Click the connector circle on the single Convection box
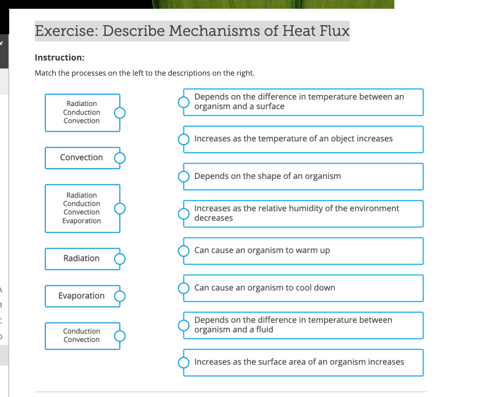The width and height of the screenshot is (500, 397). pos(120,158)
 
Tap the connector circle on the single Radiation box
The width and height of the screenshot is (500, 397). pos(120,259)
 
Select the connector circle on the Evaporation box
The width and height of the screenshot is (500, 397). pos(120,296)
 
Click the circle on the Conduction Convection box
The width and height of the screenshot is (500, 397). pos(120,336)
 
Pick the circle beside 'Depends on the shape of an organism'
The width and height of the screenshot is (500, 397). pos(183,176)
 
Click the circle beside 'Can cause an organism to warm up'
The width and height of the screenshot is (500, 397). pos(183,251)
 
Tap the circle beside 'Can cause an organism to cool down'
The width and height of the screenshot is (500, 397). pos(183,288)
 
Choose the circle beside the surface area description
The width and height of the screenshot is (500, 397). pos(183,362)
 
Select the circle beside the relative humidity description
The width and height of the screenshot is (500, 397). pos(183,214)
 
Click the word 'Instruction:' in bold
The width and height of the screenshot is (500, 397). pos(59,58)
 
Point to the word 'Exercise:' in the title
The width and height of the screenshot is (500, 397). pos(66,31)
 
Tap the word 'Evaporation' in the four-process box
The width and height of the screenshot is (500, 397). pos(81,221)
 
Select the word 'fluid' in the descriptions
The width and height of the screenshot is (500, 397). pos(264,330)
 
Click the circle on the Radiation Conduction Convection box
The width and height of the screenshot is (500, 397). pos(120,113)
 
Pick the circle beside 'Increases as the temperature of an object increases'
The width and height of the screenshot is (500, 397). pos(183,139)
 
